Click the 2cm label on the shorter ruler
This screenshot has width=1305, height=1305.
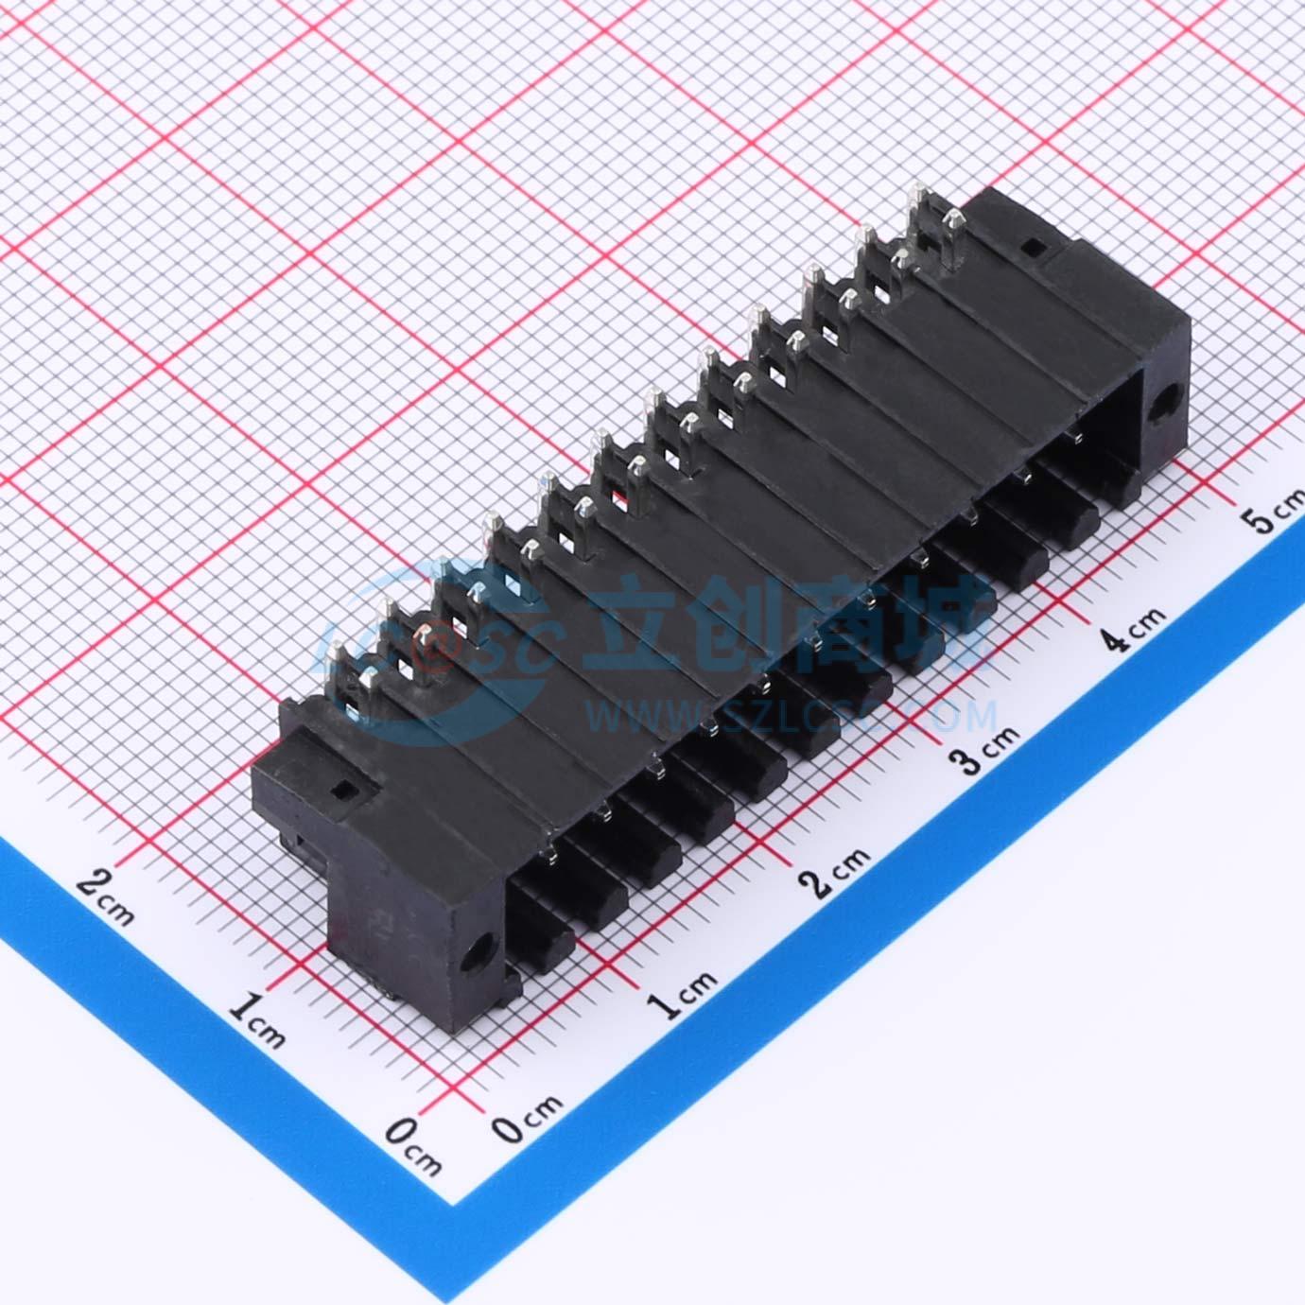point(105,897)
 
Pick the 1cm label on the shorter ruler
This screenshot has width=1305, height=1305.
point(256,1022)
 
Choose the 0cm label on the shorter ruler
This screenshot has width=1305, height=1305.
point(414,1149)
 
